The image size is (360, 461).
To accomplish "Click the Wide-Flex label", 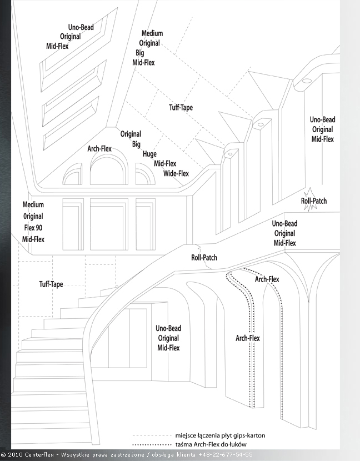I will coord(176,173).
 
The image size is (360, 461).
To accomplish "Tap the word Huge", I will coord(149,154).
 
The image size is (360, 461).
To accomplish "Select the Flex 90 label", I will coord(33,228).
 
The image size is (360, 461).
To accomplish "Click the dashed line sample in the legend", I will coord(151,436).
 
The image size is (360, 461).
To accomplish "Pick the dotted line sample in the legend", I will coord(151,445).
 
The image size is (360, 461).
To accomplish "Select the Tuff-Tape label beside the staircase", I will coord(51,284).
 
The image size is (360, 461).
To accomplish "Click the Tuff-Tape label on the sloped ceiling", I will coord(181,107).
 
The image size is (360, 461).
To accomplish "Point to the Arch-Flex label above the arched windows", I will coord(99,149).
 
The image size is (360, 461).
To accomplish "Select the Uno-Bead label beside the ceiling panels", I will coord(81,27).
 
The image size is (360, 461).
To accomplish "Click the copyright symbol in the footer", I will coord(3,455).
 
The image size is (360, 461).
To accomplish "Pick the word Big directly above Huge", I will coord(136,144).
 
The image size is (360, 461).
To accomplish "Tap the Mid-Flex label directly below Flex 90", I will coord(33,239).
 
